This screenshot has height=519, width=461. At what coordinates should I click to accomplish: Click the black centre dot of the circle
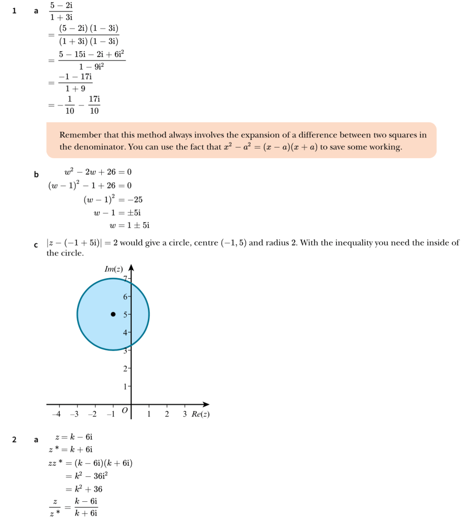(x=113, y=314)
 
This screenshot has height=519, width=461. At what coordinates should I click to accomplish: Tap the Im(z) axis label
(x=114, y=269)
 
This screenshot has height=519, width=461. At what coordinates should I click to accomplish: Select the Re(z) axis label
(x=201, y=415)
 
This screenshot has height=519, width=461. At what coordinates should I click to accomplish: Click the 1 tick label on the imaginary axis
(x=125, y=386)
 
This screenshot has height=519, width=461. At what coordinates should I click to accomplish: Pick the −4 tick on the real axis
(x=58, y=415)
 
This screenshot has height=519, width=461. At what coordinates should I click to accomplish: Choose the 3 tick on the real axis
(x=184, y=415)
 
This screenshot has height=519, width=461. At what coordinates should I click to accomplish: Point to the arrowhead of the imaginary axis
(x=131, y=268)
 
